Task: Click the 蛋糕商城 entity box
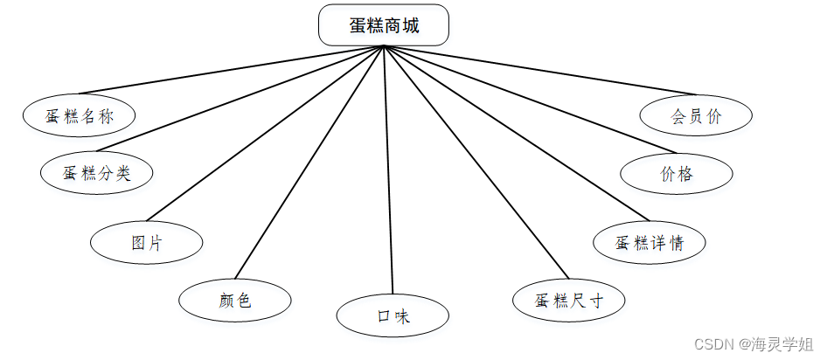pyautogui.click(x=384, y=24)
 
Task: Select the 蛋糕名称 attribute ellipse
pyautogui.click(x=79, y=115)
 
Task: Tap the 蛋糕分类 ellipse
pyautogui.click(x=96, y=172)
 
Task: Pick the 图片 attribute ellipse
pyautogui.click(x=147, y=242)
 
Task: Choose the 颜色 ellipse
pyautogui.click(x=234, y=300)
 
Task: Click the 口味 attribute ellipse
pyautogui.click(x=393, y=315)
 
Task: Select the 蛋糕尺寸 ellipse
pyautogui.click(x=568, y=300)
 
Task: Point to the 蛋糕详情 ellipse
pyautogui.click(x=650, y=242)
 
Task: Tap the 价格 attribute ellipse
pyautogui.click(x=676, y=173)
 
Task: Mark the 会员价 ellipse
pyautogui.click(x=696, y=115)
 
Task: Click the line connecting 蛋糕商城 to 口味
pyautogui.click(x=389, y=170)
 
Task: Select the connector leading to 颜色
pyautogui.click(x=309, y=162)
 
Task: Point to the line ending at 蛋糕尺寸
pyautogui.click(x=476, y=162)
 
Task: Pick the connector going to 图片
pyautogui.click(x=265, y=134)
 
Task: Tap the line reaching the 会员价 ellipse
pyautogui.click(x=540, y=70)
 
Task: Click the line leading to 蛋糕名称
pyautogui.click(x=232, y=70)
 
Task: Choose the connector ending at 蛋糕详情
pyautogui.click(x=517, y=134)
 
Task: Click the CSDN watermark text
pyautogui.click(x=754, y=344)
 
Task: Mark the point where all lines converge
pyautogui.click(x=384, y=46)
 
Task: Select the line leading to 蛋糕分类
pyautogui.click(x=240, y=99)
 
